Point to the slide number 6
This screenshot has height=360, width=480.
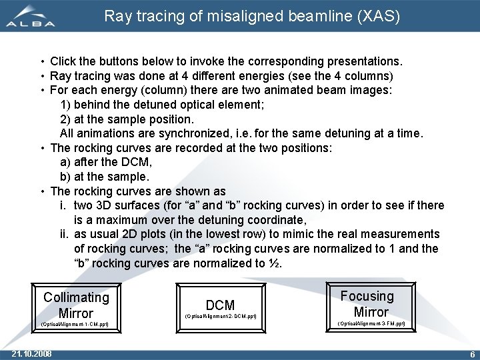[x=472, y=354]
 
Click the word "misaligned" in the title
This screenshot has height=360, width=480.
[x=231, y=16]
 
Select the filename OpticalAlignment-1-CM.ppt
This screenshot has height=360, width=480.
[x=75, y=325]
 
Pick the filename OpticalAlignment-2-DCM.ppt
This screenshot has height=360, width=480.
[x=220, y=315]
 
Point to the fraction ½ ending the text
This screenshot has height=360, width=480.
[x=276, y=263]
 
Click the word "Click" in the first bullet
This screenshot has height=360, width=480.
[x=65, y=61]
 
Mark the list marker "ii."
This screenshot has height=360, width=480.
[x=64, y=234]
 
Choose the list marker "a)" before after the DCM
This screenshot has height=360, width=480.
[x=65, y=162]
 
